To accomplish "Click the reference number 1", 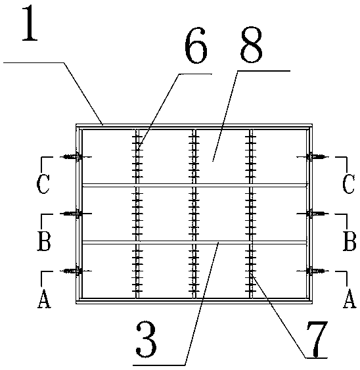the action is pyautogui.click(x=30, y=24).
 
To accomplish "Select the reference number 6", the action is pyautogui.click(x=196, y=45).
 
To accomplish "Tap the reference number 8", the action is pyautogui.click(x=251, y=45).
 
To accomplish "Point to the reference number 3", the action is pyautogui.click(x=146, y=339).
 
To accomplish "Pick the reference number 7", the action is pyautogui.click(x=317, y=339).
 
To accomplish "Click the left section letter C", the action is pyautogui.click(x=43, y=184).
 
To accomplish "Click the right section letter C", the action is pyautogui.click(x=348, y=184).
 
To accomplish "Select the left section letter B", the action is pyautogui.click(x=44, y=241).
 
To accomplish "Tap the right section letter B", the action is pyautogui.click(x=349, y=241).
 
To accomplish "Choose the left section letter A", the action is pyautogui.click(x=44, y=299).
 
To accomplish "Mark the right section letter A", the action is pyautogui.click(x=349, y=299).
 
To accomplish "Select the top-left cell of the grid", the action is pyautogui.click(x=108, y=156).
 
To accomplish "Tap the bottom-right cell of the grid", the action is pyautogui.click(x=279, y=271).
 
